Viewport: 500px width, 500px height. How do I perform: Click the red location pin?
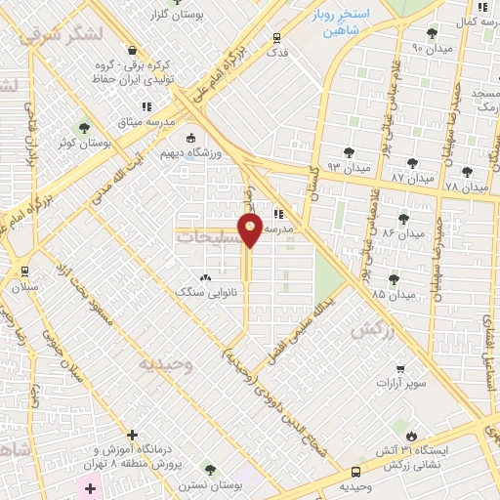[x=251, y=230]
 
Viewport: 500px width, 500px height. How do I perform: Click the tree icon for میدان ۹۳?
[x=349, y=151]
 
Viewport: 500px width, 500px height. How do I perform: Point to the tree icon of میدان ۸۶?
[x=403, y=218]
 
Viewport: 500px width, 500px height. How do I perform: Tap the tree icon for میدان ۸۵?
[x=394, y=279]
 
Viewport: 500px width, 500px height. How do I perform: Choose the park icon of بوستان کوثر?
[x=84, y=126]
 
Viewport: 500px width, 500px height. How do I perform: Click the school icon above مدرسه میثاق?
[x=146, y=106]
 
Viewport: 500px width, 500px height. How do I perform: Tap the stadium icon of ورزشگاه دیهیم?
[x=190, y=138]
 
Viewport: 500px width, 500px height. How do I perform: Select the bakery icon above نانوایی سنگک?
[x=204, y=276]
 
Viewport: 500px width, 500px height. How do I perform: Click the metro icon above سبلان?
[x=23, y=271]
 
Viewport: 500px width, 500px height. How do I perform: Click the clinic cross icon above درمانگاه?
[x=134, y=435]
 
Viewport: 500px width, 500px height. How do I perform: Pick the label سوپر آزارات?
[x=402, y=382]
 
